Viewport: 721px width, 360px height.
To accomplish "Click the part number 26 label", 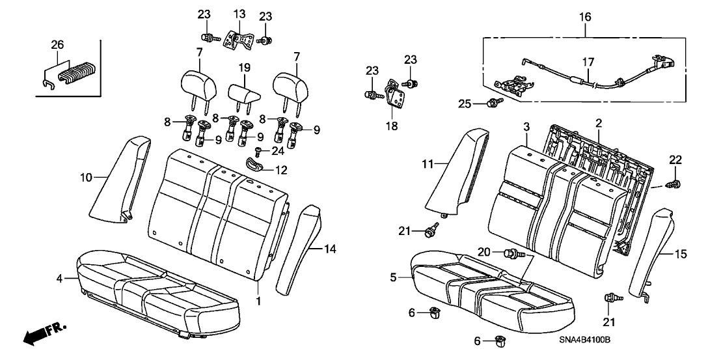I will click(57, 45).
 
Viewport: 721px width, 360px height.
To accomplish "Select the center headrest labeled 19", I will click(243, 93).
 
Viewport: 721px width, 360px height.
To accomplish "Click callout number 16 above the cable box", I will click(584, 15).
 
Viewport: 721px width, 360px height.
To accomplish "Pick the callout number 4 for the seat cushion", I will click(59, 279).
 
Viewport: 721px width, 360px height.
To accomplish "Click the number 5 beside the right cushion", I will click(393, 278).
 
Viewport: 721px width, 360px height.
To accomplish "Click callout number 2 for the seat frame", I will click(598, 122).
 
